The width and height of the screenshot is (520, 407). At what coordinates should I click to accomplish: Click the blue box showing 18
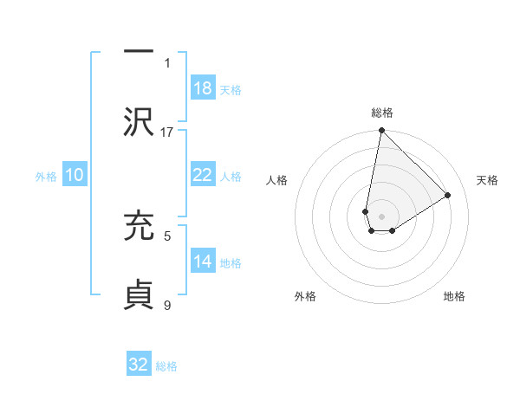coord(202,88)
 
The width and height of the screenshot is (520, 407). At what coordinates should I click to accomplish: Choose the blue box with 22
coord(202,175)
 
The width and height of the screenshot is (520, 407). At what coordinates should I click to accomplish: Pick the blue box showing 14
coord(202,262)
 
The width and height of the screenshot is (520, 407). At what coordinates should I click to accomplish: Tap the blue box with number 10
coord(75,175)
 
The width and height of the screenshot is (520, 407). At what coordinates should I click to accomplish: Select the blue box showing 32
coord(139,365)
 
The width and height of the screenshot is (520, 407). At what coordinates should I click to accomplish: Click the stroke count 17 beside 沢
coord(167,132)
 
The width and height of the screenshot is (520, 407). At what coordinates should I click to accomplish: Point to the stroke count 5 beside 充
coord(167,235)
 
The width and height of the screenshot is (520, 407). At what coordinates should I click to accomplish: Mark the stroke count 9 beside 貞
coord(167,304)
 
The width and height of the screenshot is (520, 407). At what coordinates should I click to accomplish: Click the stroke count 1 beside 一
coord(167,62)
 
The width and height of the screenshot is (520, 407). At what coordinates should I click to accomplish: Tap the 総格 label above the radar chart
coord(382,113)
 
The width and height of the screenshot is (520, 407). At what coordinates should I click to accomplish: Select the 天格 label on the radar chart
coord(487,180)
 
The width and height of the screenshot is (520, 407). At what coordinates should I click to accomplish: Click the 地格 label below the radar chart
coord(454,296)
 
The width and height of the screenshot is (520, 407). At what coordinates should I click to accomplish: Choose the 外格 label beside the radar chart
coord(305,296)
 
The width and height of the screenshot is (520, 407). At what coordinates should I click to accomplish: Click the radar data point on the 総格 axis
coord(381,132)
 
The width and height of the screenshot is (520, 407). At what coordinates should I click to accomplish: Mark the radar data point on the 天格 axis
coord(448,195)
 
